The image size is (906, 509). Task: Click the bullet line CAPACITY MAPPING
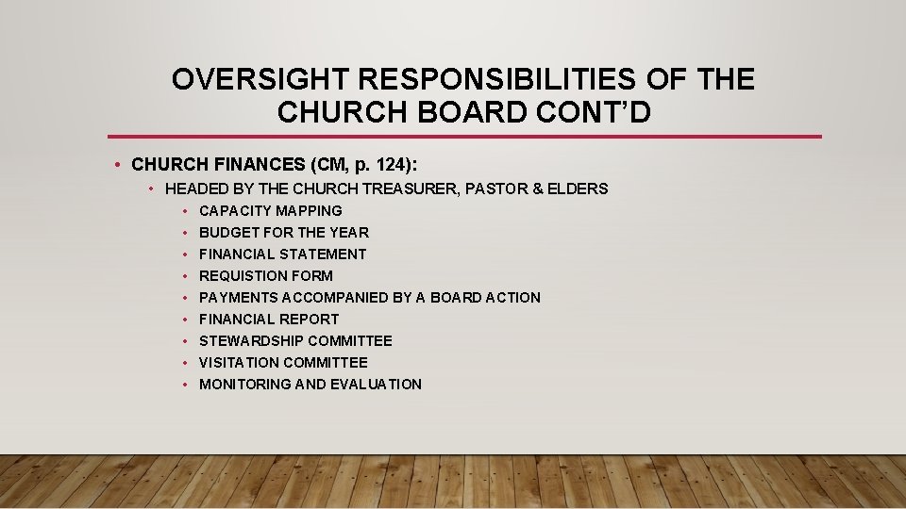tap(270, 211)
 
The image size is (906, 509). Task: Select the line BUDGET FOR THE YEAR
tap(283, 233)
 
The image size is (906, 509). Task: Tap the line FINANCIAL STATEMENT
tap(282, 254)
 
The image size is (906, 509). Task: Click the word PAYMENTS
tap(239, 298)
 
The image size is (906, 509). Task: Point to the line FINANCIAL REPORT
tap(268, 320)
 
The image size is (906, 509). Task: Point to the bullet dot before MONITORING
tap(187, 385)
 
